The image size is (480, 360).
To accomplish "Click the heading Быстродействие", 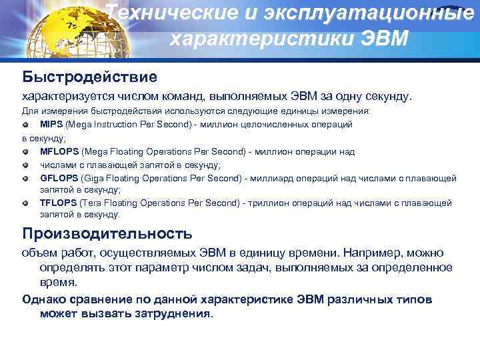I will coord(90,77).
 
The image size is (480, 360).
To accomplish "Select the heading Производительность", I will coord(107,233).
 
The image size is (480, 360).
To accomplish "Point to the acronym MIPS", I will coord(51,124).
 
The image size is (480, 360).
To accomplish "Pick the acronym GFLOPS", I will coord(59,178).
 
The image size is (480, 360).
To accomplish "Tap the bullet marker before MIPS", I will coord(25,125).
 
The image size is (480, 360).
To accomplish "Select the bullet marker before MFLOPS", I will coord(25,152).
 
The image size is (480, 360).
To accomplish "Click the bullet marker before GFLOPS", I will coord(25,179).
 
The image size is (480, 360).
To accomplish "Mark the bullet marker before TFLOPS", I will coord(25,203).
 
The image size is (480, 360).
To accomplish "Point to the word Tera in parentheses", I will coord(93,203).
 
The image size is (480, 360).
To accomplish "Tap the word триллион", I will coord(267,203).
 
